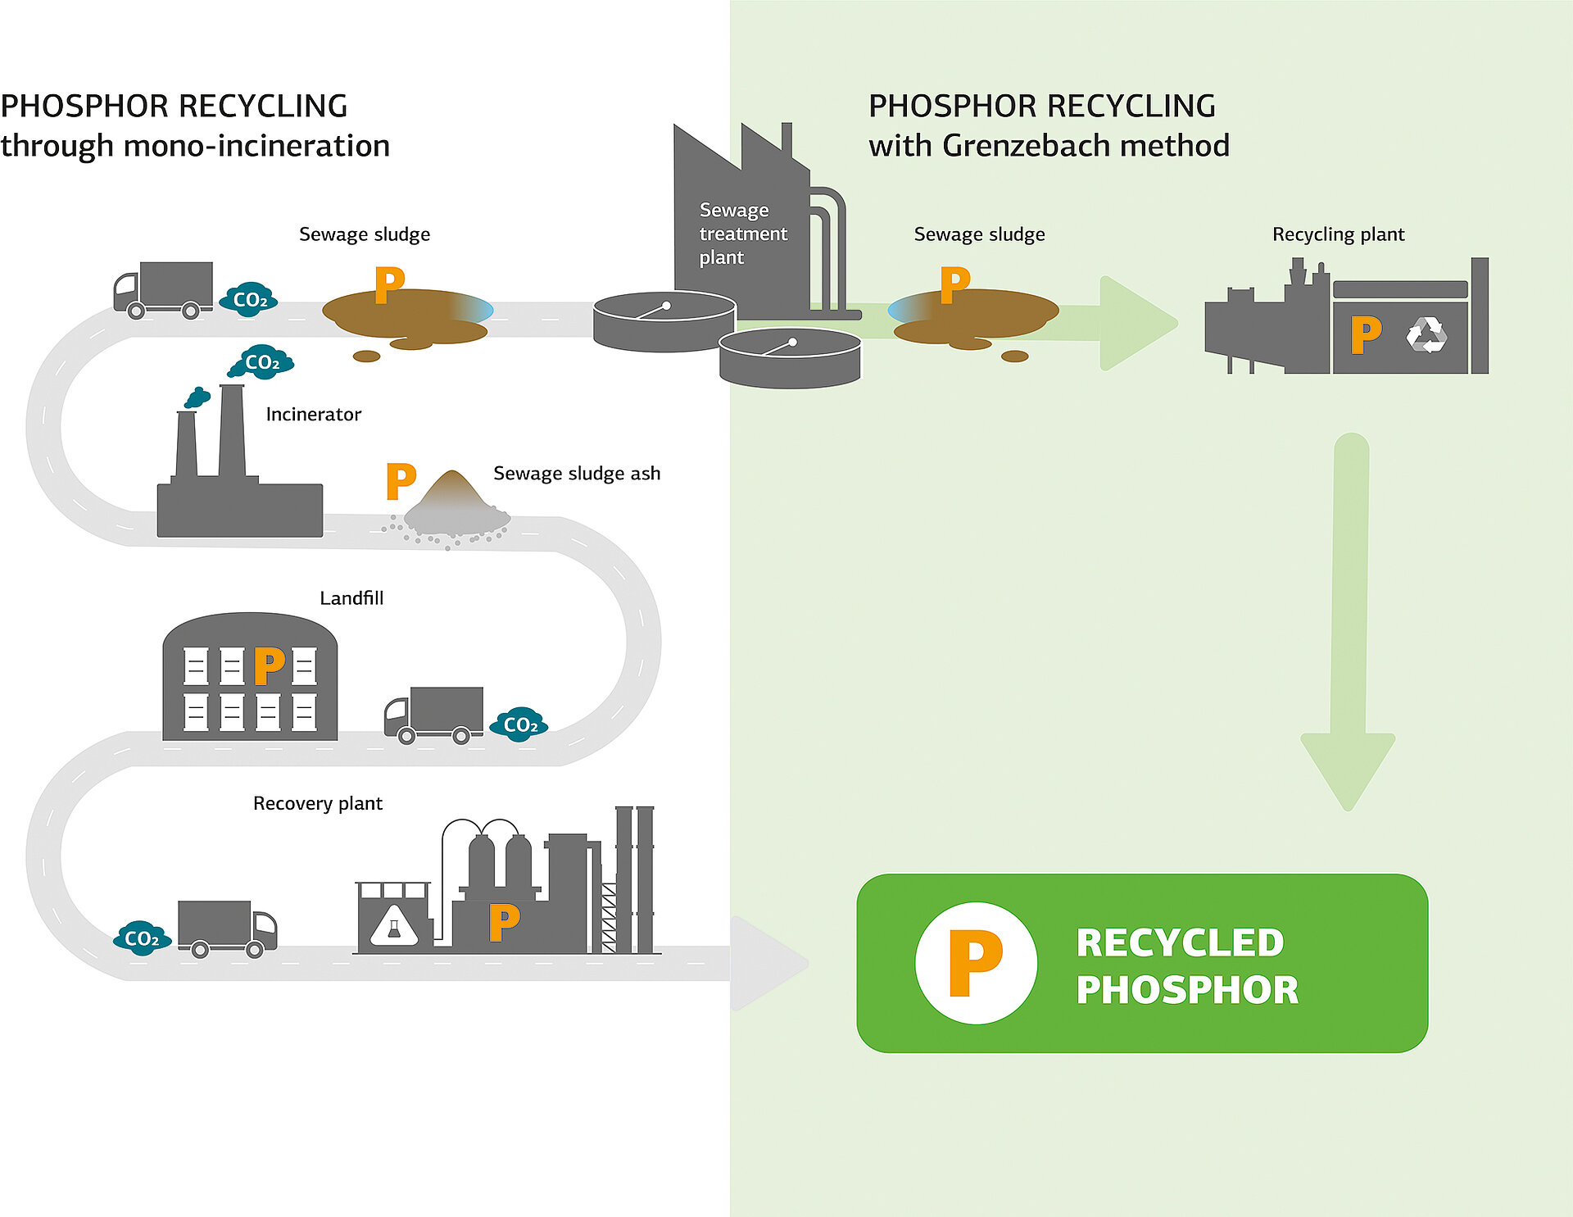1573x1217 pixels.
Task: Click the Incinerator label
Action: coord(313,415)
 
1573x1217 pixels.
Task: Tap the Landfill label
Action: coord(351,598)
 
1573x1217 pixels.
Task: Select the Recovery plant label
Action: coord(317,803)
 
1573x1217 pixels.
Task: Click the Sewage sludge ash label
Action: coord(576,474)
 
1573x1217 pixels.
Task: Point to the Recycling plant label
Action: coord(1338,234)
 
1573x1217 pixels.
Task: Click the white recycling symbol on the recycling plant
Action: coord(1426,335)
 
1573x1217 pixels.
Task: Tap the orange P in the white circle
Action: coord(975,963)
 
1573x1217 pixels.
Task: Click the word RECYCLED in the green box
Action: coord(1179,942)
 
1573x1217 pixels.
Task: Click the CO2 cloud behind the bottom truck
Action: coord(142,938)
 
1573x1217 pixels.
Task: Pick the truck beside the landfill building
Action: coord(434,714)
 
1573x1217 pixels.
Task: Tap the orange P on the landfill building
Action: coord(269,665)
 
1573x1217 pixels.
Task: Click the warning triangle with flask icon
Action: coord(394,927)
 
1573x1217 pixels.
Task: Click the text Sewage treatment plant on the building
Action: coord(742,234)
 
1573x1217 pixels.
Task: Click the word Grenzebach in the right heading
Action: coord(1027,146)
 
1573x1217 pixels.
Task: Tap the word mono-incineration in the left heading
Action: coord(256,146)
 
